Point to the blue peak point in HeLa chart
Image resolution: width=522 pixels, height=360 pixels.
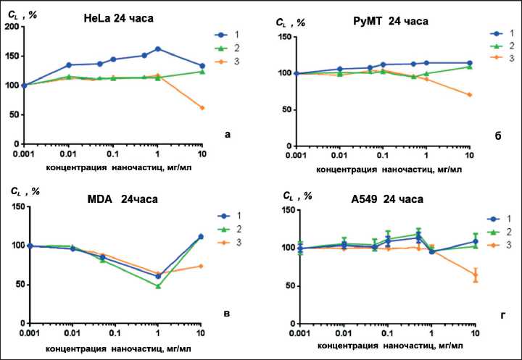158,49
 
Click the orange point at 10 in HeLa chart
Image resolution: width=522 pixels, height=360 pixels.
202,108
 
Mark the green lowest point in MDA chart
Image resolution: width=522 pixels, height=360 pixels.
158,286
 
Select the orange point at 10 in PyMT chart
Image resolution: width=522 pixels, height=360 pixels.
470,95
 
